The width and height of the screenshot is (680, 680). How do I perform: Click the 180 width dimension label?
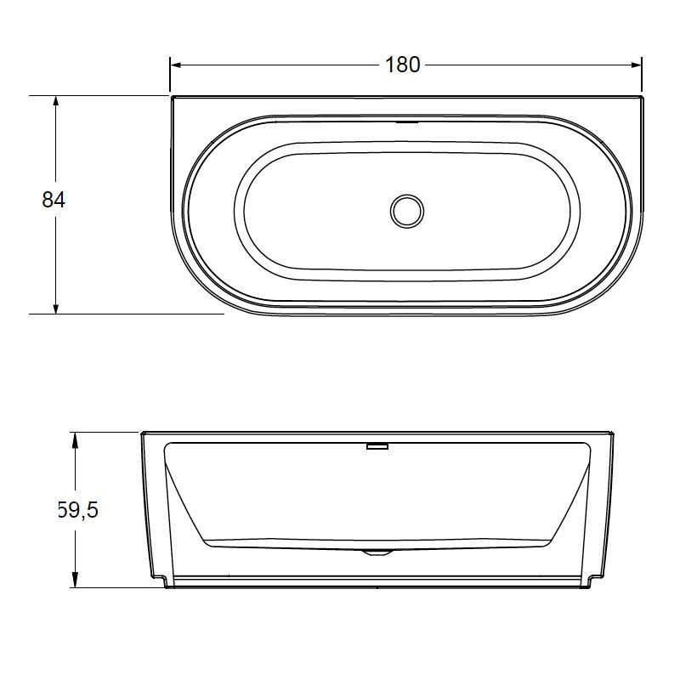click(402, 65)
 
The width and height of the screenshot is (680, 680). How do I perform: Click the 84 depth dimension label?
click(54, 200)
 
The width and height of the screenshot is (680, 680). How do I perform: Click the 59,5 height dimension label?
click(78, 510)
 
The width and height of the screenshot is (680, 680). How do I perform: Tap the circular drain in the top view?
click(407, 211)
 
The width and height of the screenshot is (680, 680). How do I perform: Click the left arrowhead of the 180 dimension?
click(175, 65)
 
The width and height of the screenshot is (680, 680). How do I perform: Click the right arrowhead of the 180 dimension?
click(636, 65)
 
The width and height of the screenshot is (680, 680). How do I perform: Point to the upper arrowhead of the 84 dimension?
click(55, 101)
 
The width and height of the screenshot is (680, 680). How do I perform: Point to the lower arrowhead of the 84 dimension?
click(55, 308)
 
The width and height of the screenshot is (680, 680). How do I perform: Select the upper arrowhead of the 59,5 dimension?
click(75, 438)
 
